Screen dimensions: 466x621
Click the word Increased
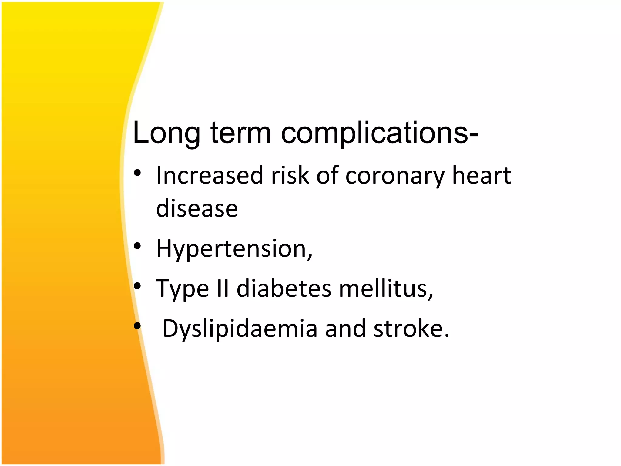pos(210,176)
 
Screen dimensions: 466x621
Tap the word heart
pos(482,176)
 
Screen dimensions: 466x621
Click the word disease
pos(197,209)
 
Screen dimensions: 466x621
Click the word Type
pos(182,289)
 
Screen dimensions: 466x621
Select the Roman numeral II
pos(223,289)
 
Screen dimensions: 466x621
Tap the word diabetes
pos(284,289)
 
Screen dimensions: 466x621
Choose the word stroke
pos(411,329)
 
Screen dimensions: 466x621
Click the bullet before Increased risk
pos(137,173)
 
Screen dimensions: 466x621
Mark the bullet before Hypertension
pos(137,246)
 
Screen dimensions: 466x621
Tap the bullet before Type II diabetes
pos(137,286)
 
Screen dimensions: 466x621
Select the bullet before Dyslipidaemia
pos(137,326)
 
